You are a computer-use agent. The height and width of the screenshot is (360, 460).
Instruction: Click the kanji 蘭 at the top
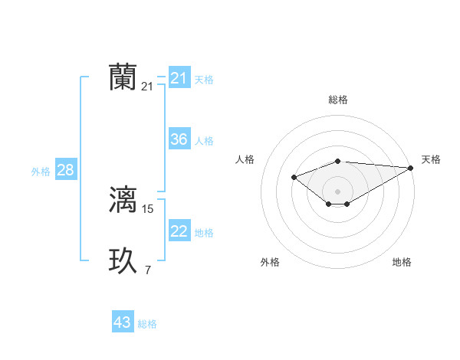tap(123, 77)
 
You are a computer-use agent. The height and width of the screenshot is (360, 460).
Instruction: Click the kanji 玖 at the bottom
tap(123, 260)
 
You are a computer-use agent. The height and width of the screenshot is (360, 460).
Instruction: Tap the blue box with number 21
tap(179, 78)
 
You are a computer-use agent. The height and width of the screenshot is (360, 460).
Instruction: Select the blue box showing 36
tap(179, 139)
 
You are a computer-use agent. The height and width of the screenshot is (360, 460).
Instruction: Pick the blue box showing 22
tap(179, 231)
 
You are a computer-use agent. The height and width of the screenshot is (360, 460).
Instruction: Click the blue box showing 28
tap(65, 170)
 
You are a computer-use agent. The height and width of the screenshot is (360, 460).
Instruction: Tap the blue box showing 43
tap(123, 322)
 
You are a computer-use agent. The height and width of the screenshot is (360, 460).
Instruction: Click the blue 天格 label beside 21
tap(204, 79)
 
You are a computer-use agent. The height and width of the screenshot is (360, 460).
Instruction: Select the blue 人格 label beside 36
tap(204, 141)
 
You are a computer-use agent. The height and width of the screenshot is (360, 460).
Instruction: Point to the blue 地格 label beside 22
tap(204, 233)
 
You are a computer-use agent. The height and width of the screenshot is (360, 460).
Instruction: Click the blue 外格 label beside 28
tap(41, 172)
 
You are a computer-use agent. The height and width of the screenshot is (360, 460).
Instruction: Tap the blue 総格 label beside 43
tap(147, 324)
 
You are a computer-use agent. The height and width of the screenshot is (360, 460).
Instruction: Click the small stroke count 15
tap(148, 208)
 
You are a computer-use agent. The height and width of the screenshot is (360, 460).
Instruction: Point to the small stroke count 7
tap(148, 269)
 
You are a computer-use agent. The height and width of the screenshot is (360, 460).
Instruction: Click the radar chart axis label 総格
tap(338, 100)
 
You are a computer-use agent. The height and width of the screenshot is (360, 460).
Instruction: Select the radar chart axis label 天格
tap(431, 159)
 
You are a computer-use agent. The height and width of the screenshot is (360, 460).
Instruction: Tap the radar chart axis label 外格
tap(270, 262)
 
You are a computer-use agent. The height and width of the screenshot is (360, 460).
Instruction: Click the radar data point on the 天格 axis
tap(411, 168)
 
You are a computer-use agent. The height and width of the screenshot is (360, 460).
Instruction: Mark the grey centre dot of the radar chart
tap(338, 191)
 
